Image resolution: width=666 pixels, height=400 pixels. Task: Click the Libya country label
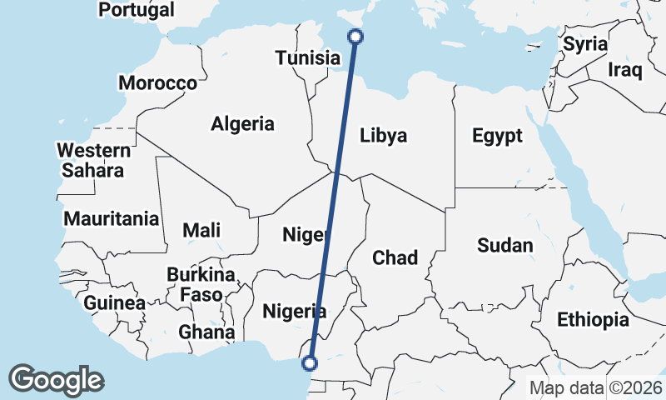tap(384, 135)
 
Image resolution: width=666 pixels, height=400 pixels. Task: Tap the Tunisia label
tap(308, 58)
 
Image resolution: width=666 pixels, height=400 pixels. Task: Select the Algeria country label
tap(242, 124)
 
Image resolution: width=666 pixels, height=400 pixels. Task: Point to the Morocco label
tap(157, 83)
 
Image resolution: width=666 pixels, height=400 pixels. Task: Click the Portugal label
tap(137, 10)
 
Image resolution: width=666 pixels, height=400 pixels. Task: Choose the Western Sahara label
tap(93, 161)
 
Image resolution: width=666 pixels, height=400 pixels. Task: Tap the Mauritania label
tap(112, 219)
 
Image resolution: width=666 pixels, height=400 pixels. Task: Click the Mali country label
tap(201, 230)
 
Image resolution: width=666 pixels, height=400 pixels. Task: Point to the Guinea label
tap(115, 302)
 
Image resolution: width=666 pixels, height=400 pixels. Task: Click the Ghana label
tap(206, 332)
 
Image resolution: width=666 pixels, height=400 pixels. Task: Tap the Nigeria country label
tap(294, 312)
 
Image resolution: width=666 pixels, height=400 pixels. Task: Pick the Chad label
tap(395, 257)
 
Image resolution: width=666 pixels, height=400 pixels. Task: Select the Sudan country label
tap(504, 245)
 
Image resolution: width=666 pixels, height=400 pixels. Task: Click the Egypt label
tap(497, 135)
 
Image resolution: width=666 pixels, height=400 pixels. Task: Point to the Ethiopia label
tap(593, 319)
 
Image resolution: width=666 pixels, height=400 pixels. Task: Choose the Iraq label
tap(624, 70)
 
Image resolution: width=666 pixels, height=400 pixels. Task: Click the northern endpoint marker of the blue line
tap(355, 36)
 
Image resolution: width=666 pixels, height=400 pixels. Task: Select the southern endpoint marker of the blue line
tap(310, 362)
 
